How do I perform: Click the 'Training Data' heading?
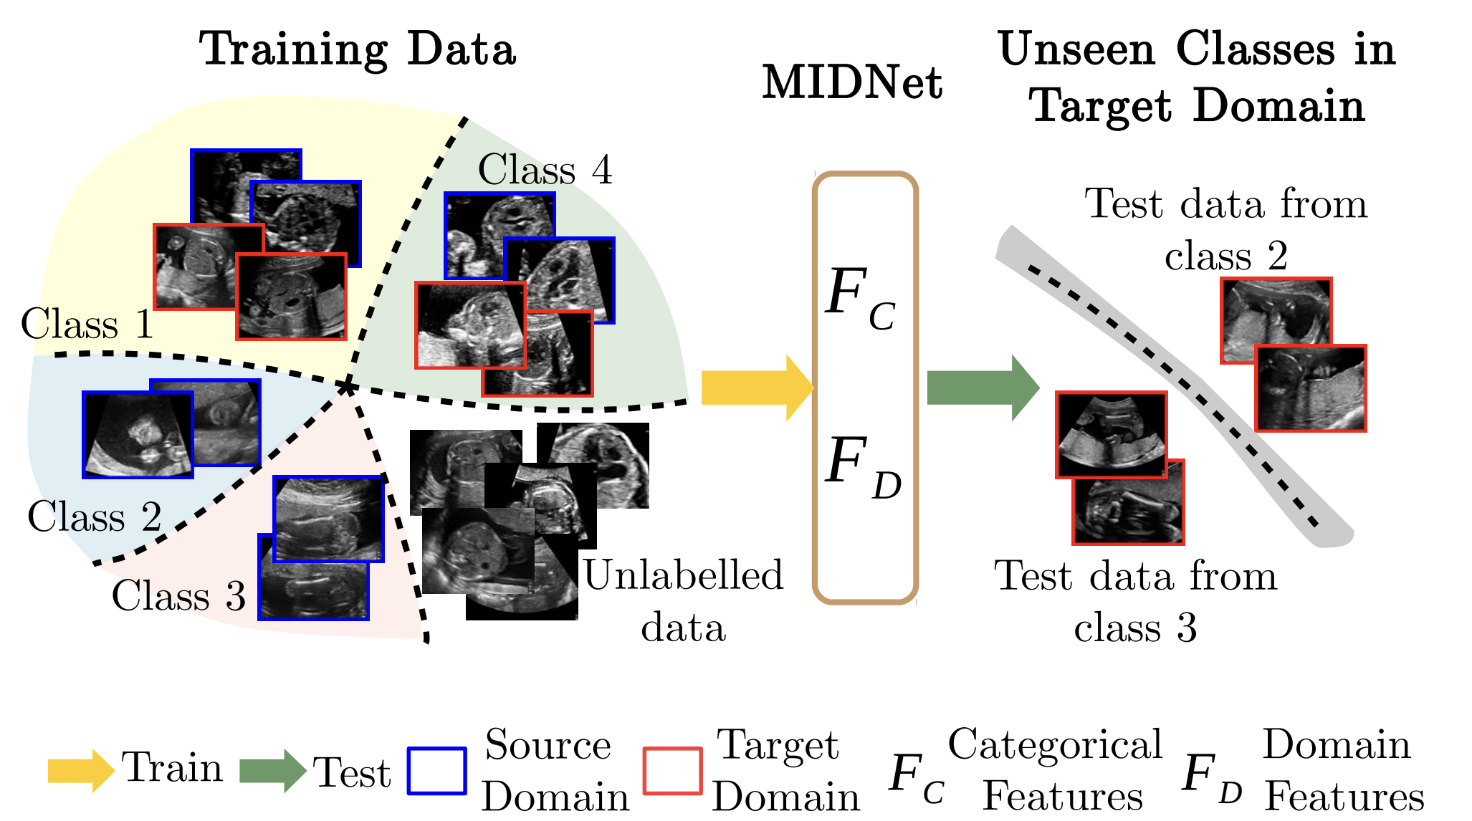click(357, 50)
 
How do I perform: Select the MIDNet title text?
click(851, 84)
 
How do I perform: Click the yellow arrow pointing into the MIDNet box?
click(756, 388)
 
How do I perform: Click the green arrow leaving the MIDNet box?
click(982, 388)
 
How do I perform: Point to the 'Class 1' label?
click(87, 325)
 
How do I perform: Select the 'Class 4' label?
click(545, 171)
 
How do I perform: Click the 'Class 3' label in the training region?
click(178, 596)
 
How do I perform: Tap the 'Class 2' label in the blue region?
click(94, 517)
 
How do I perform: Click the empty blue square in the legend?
click(436, 771)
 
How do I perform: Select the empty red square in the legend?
click(672, 771)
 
